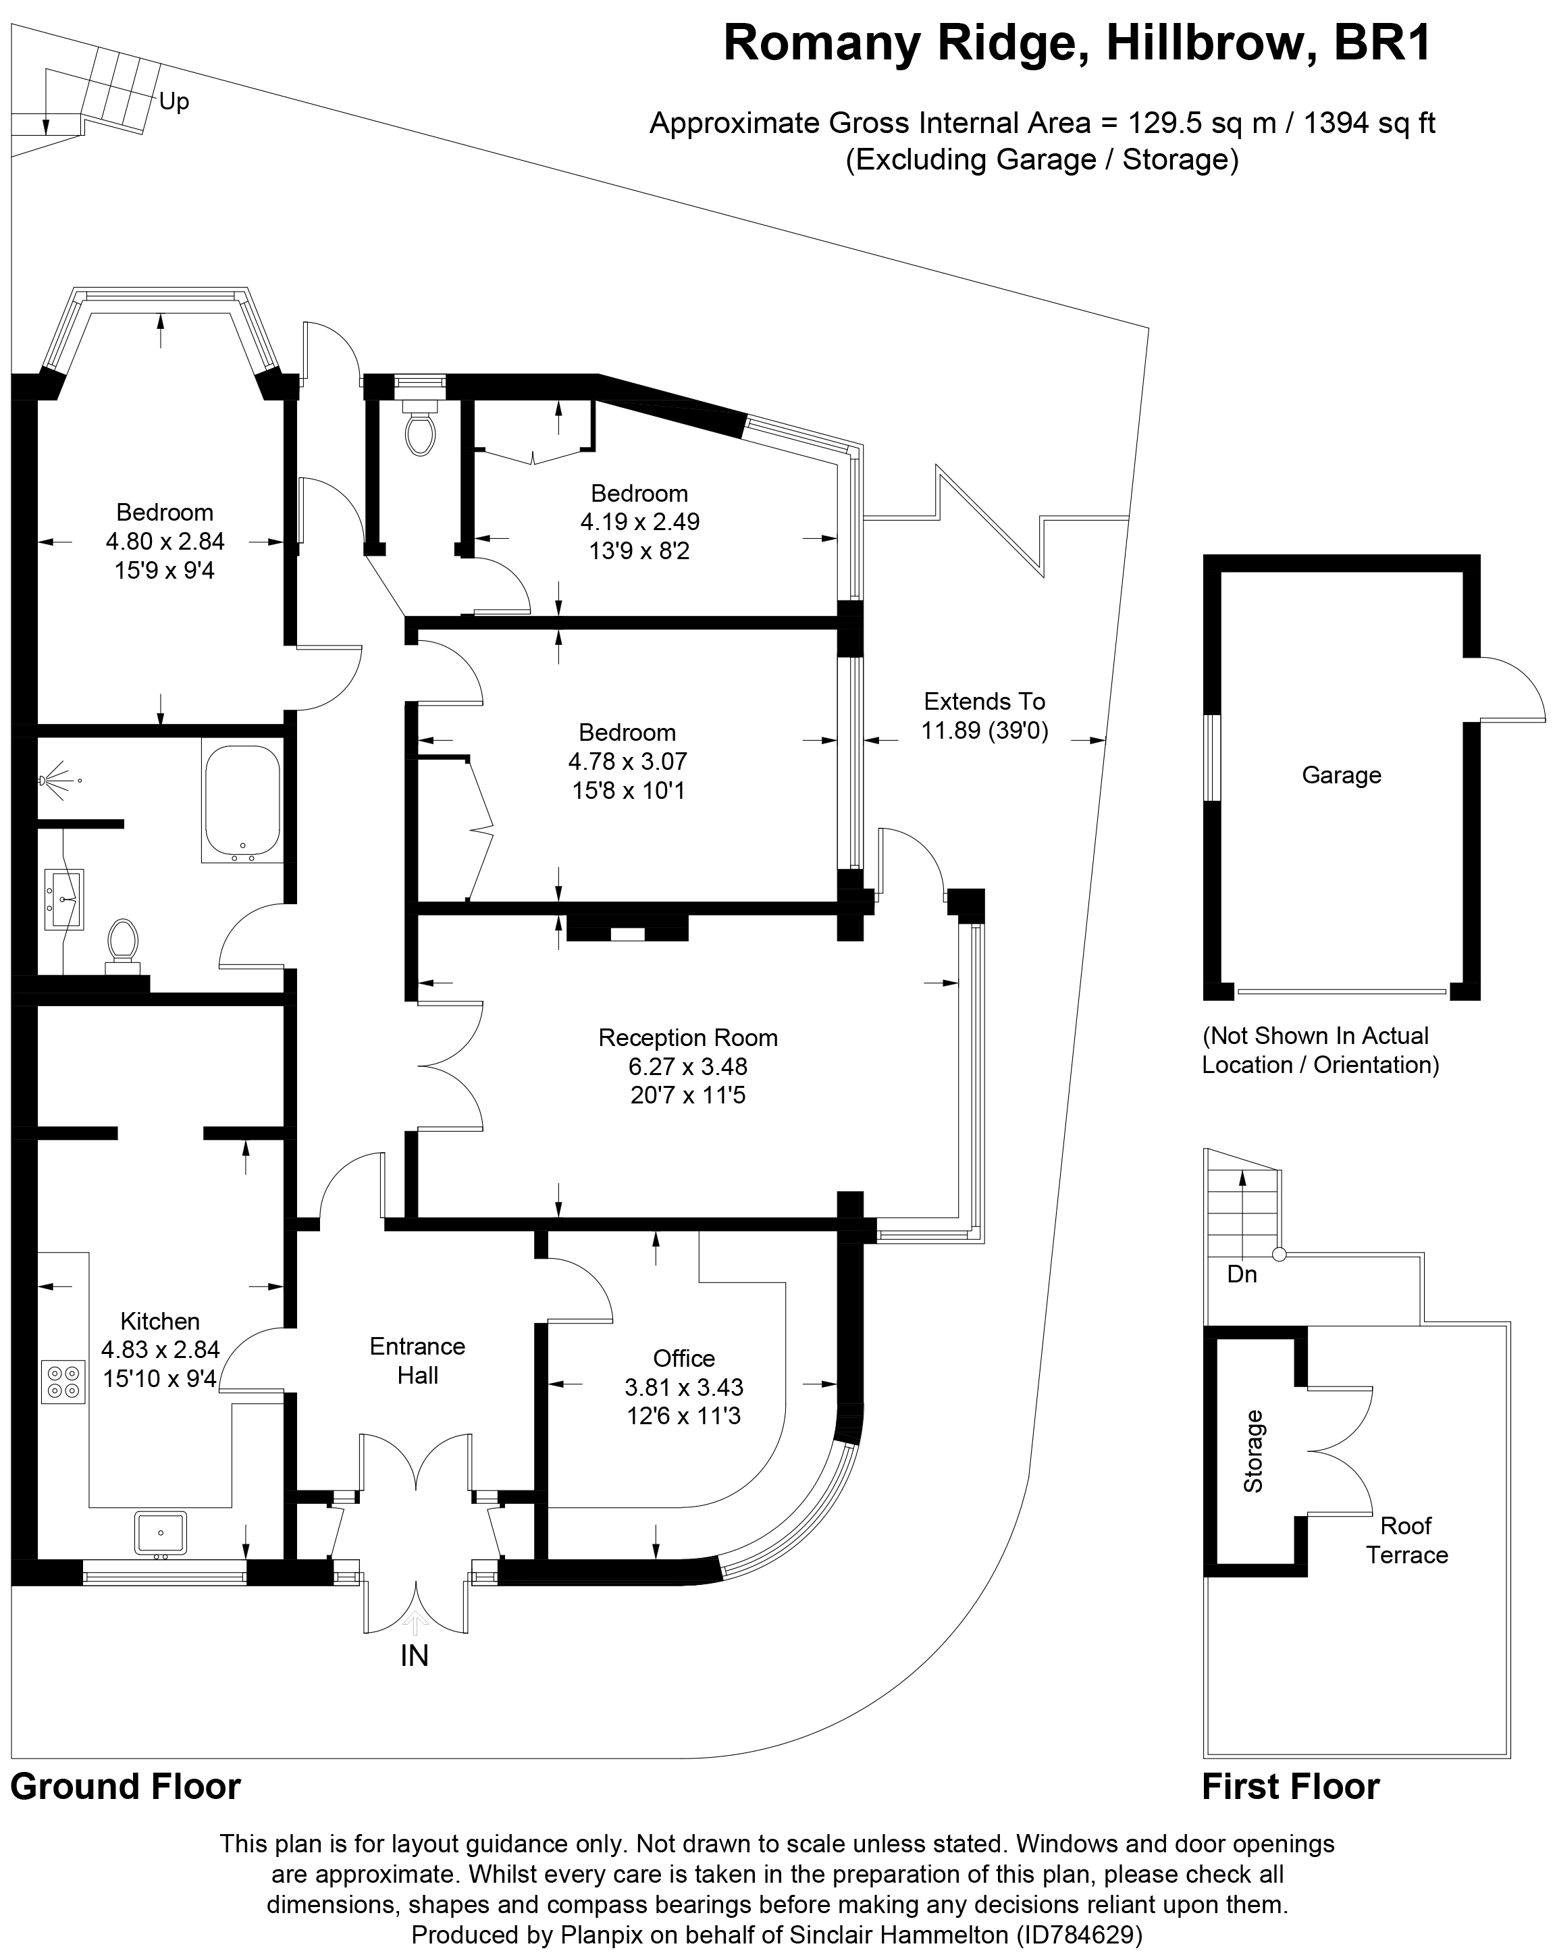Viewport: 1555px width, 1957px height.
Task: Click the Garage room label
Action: (1341, 775)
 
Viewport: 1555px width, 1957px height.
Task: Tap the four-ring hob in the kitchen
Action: (63, 1382)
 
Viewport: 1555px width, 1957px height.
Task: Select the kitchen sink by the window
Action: (161, 1533)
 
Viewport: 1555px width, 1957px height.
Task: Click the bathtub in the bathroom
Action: (242, 802)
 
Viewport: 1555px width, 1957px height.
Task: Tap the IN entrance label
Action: (414, 1656)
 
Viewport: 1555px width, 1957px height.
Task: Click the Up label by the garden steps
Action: (174, 102)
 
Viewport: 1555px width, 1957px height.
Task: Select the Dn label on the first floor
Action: (1241, 1274)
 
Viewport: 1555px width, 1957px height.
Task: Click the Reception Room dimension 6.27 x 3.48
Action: (687, 1066)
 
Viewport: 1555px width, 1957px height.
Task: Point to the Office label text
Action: (683, 1359)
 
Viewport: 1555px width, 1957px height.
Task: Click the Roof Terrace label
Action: (1406, 1540)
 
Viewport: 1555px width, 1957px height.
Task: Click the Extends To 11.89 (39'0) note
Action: (984, 716)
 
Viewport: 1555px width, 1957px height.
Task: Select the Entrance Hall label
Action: (417, 1361)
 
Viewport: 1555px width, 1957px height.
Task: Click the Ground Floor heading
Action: (126, 1786)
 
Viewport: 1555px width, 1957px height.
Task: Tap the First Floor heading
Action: (1290, 1786)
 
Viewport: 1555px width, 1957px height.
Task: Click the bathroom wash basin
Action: (63, 899)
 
